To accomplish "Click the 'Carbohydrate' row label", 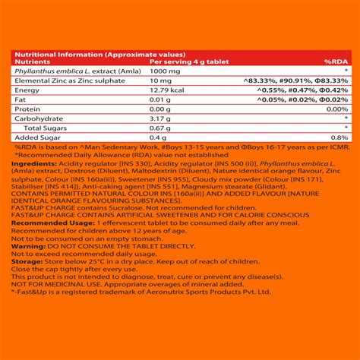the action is pyautogui.click(x=38, y=118).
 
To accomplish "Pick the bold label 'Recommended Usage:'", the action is pyautogui.click(x=47, y=225).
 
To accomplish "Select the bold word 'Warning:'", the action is pyautogui.click(x=28, y=247).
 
